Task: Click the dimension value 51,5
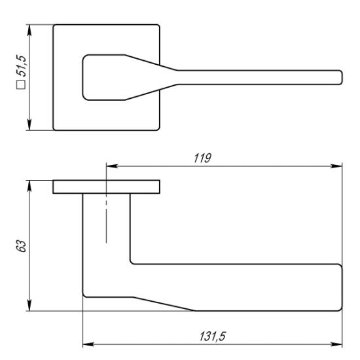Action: pos(21,65)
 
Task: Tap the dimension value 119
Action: pos(202,158)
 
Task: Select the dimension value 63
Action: pos(21,246)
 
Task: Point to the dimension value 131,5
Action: pos(213,336)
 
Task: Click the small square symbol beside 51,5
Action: pos(21,84)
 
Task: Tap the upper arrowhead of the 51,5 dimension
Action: pos(29,30)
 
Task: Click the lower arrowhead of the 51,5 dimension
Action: pos(29,124)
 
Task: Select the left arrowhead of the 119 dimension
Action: pos(112,166)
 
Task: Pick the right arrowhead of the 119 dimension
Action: pos(336,166)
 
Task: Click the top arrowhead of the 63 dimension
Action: pos(29,186)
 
